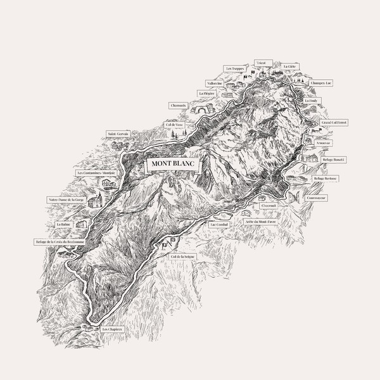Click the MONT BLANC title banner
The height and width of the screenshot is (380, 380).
pos(172,164)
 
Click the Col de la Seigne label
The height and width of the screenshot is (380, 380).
pos(183,256)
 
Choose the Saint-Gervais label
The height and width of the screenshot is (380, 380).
pos(118,134)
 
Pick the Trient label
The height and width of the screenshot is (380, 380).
pos(260,62)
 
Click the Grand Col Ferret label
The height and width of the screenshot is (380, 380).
pos(334,122)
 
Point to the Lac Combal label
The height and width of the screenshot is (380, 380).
pos(217,224)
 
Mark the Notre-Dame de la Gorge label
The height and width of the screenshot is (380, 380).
pos(66,199)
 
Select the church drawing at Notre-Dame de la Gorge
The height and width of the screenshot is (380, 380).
pos(95,201)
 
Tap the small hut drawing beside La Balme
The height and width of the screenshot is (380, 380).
pos(80,224)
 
